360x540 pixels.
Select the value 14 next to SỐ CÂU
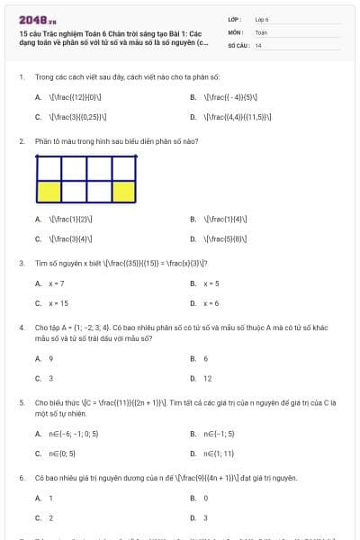point(258,44)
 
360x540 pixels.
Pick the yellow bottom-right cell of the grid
point(123,190)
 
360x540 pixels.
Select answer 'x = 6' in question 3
point(211,303)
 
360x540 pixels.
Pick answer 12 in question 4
point(208,379)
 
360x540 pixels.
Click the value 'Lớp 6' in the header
point(262,18)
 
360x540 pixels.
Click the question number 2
point(21,141)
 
